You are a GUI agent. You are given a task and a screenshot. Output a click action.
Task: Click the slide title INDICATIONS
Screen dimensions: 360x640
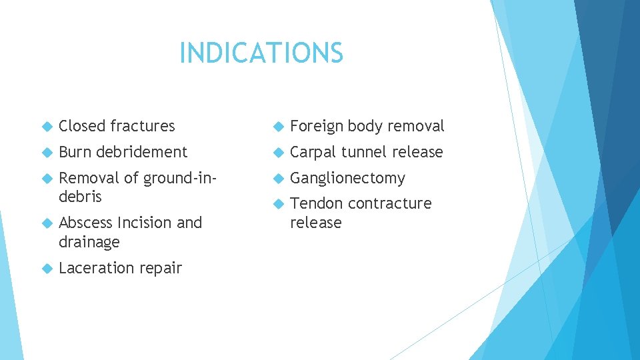261,53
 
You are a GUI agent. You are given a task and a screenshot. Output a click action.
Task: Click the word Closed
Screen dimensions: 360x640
82,126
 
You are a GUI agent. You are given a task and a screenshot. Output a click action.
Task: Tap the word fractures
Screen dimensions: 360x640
142,126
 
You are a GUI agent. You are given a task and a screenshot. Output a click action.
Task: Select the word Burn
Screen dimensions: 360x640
75,152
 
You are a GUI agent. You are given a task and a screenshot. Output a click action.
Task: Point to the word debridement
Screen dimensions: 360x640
141,152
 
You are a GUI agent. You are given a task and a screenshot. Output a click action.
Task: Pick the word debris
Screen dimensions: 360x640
80,197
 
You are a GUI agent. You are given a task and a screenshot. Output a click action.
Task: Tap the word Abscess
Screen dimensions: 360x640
86,223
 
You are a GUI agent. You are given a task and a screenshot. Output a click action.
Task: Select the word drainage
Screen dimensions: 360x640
89,241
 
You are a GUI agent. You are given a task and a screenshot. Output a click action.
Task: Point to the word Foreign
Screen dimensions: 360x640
316,126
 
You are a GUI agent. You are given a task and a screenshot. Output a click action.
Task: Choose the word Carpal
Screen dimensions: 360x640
313,152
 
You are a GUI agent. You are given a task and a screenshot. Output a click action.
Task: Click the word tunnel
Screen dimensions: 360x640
364,152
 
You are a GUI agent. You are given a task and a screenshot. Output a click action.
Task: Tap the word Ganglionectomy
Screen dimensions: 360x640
347,179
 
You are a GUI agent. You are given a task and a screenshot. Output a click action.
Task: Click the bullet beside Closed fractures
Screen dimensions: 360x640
46,126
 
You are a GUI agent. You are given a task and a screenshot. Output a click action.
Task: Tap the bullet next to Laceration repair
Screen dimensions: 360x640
46,268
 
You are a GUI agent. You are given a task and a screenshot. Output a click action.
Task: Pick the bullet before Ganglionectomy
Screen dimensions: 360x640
277,178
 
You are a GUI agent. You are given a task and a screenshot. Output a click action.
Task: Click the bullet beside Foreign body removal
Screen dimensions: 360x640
277,126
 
